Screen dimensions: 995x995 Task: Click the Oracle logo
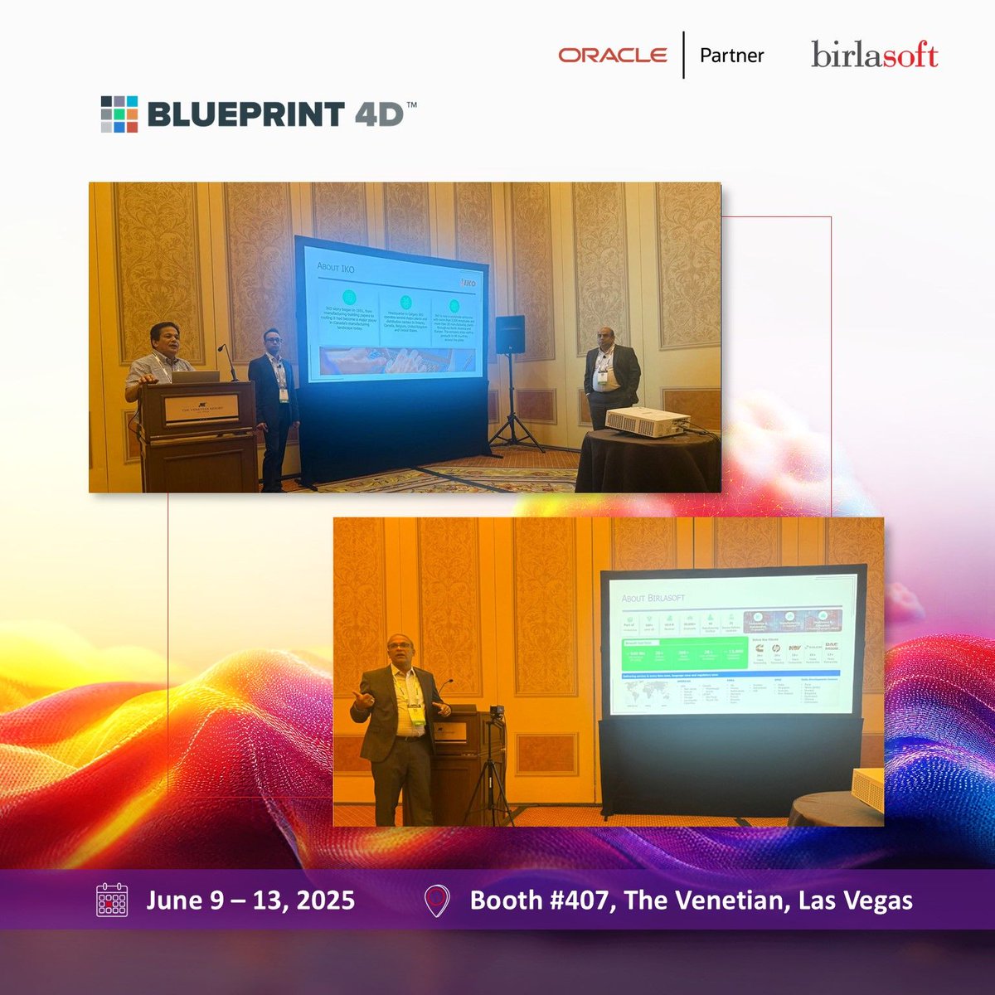[613, 56]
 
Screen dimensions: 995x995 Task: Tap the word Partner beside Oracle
[731, 56]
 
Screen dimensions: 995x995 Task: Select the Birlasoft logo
[874, 56]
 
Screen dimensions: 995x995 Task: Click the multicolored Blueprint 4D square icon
[119, 114]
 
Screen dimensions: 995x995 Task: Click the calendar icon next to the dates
[112, 900]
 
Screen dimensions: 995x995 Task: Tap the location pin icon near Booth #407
[436, 900]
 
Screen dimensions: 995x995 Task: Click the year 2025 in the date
[323, 900]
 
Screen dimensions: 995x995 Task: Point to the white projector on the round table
[647, 421]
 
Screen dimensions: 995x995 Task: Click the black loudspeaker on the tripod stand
[510, 333]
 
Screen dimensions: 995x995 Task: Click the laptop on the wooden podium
[196, 376]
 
